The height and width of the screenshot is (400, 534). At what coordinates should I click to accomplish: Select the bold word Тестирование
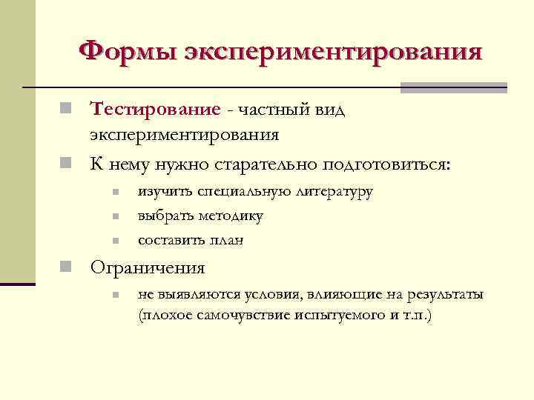156,110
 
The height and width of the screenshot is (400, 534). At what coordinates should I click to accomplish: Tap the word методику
228,216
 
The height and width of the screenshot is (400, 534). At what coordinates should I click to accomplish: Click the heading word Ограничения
148,267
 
